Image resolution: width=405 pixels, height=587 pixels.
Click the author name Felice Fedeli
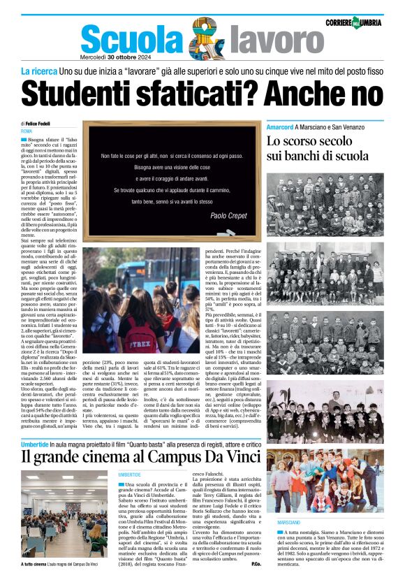[39, 123]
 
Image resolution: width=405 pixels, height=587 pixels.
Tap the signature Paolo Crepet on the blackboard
[233, 217]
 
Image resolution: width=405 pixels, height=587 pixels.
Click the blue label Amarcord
[300, 127]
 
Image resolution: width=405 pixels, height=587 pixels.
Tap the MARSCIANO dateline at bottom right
[288, 542]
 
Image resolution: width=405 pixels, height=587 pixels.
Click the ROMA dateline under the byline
[27, 131]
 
